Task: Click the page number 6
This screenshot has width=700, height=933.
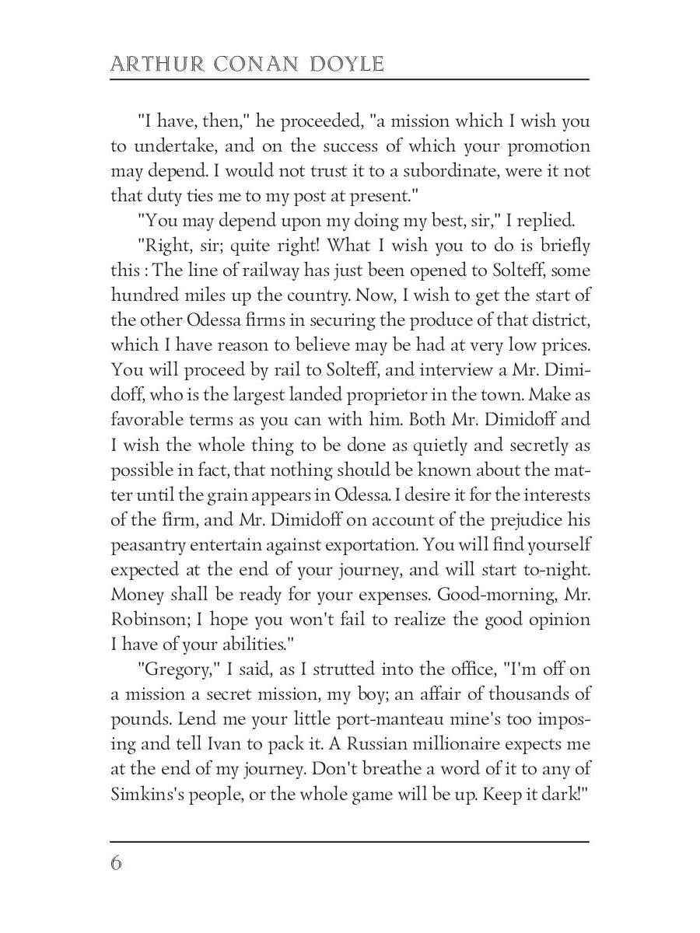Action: tap(117, 863)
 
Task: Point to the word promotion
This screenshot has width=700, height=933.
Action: tap(548, 146)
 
